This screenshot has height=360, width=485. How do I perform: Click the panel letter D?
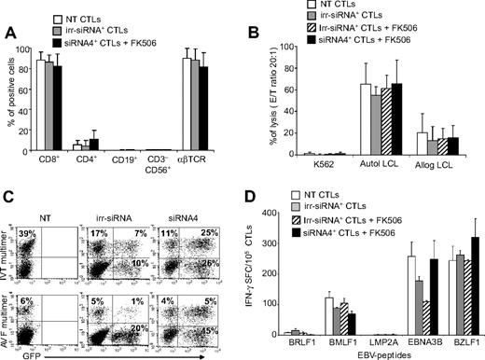pyautogui.click(x=254, y=199)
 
